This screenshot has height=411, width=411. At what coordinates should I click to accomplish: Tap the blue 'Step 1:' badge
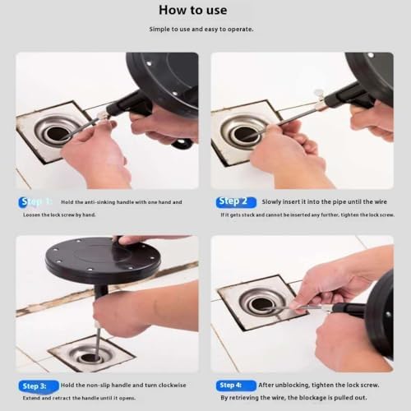36,201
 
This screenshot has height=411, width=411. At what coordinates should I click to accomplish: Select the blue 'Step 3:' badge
37,385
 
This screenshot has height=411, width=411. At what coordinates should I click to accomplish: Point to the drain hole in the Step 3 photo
92,357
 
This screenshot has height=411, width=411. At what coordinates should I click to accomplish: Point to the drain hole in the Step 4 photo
261,304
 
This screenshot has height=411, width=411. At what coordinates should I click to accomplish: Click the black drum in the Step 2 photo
373,74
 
